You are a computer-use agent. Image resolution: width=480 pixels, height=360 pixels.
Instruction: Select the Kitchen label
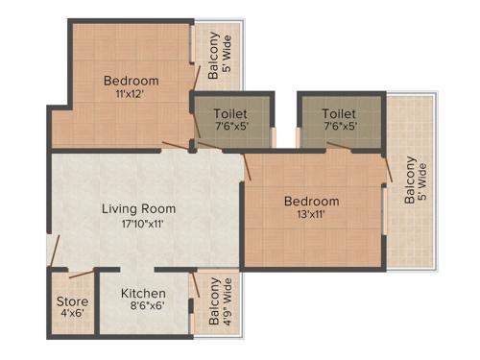[x=142, y=293]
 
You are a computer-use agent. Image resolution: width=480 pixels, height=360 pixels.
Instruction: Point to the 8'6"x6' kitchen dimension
[x=143, y=307]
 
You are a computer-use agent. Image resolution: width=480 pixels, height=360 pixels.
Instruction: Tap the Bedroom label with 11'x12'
[x=132, y=81]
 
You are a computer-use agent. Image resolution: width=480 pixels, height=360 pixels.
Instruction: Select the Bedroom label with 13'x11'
[x=311, y=201]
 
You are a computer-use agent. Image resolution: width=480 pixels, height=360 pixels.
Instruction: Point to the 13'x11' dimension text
[x=312, y=215]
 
